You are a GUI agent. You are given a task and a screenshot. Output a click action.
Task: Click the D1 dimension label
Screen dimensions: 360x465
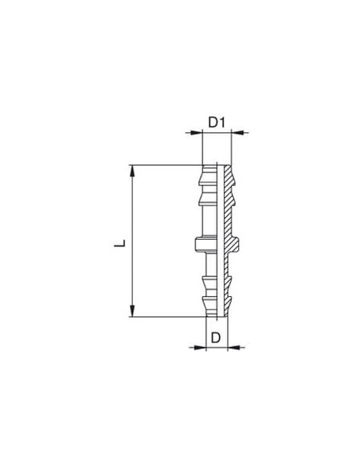[217, 122]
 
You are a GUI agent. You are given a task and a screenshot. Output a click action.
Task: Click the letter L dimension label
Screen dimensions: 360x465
[120, 243]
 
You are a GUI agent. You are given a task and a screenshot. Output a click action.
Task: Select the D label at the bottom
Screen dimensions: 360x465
[216, 337]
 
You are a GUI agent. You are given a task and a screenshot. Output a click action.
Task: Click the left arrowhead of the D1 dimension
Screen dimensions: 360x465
[196, 132]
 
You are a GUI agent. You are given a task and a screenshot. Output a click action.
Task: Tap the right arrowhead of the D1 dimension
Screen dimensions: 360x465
[237, 132]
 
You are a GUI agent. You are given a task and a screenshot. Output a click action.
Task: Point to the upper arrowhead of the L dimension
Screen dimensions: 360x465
[132, 171]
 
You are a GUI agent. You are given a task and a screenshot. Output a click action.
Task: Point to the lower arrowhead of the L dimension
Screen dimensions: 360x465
[132, 311]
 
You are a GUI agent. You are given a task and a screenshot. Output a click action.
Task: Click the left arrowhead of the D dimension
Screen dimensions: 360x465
[200, 346]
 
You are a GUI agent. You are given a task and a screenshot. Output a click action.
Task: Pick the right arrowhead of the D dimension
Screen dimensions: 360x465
[233, 346]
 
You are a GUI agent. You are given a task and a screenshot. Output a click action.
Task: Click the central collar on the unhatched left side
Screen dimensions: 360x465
[206, 244]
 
